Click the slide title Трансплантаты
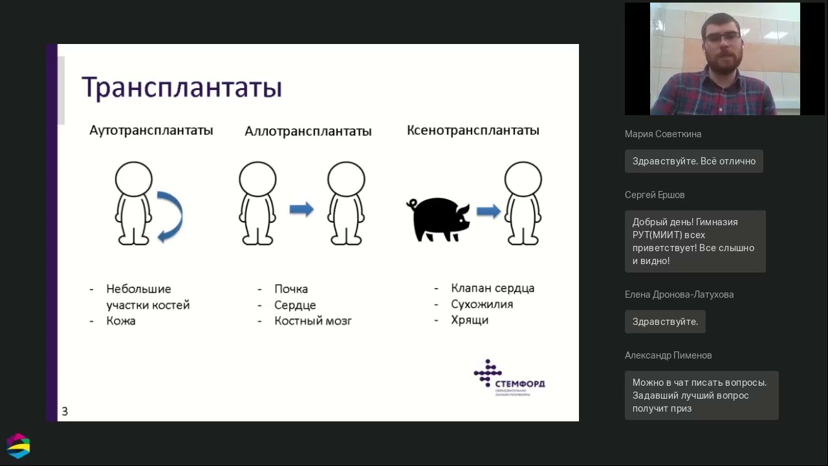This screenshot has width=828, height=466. [x=182, y=88]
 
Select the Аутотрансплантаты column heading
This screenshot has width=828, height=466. [x=151, y=130]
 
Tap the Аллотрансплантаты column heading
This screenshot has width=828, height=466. [x=308, y=131]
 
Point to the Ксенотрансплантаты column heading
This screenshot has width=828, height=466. [x=473, y=130]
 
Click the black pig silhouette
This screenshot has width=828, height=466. [x=438, y=219]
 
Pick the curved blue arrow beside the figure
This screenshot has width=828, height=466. [x=170, y=216]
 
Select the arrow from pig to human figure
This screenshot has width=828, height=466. [x=488, y=211]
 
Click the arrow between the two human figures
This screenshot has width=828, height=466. [x=301, y=209]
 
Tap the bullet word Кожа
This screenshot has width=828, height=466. [x=121, y=321]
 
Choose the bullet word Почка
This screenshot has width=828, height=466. [x=291, y=289]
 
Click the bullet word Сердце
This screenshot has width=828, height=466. [x=295, y=305]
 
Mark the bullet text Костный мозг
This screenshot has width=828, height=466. [x=313, y=321]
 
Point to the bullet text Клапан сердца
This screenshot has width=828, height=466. [x=493, y=288]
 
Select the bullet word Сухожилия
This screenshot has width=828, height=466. [x=482, y=304]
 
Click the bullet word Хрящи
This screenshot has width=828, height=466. [x=470, y=320]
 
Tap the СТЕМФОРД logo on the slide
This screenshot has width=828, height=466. [x=509, y=378]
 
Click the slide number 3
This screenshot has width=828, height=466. [x=65, y=411]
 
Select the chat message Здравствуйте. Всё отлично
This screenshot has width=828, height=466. [x=693, y=161]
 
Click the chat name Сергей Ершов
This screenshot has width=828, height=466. [x=655, y=195]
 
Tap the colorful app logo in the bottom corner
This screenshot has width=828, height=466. [x=18, y=445]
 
